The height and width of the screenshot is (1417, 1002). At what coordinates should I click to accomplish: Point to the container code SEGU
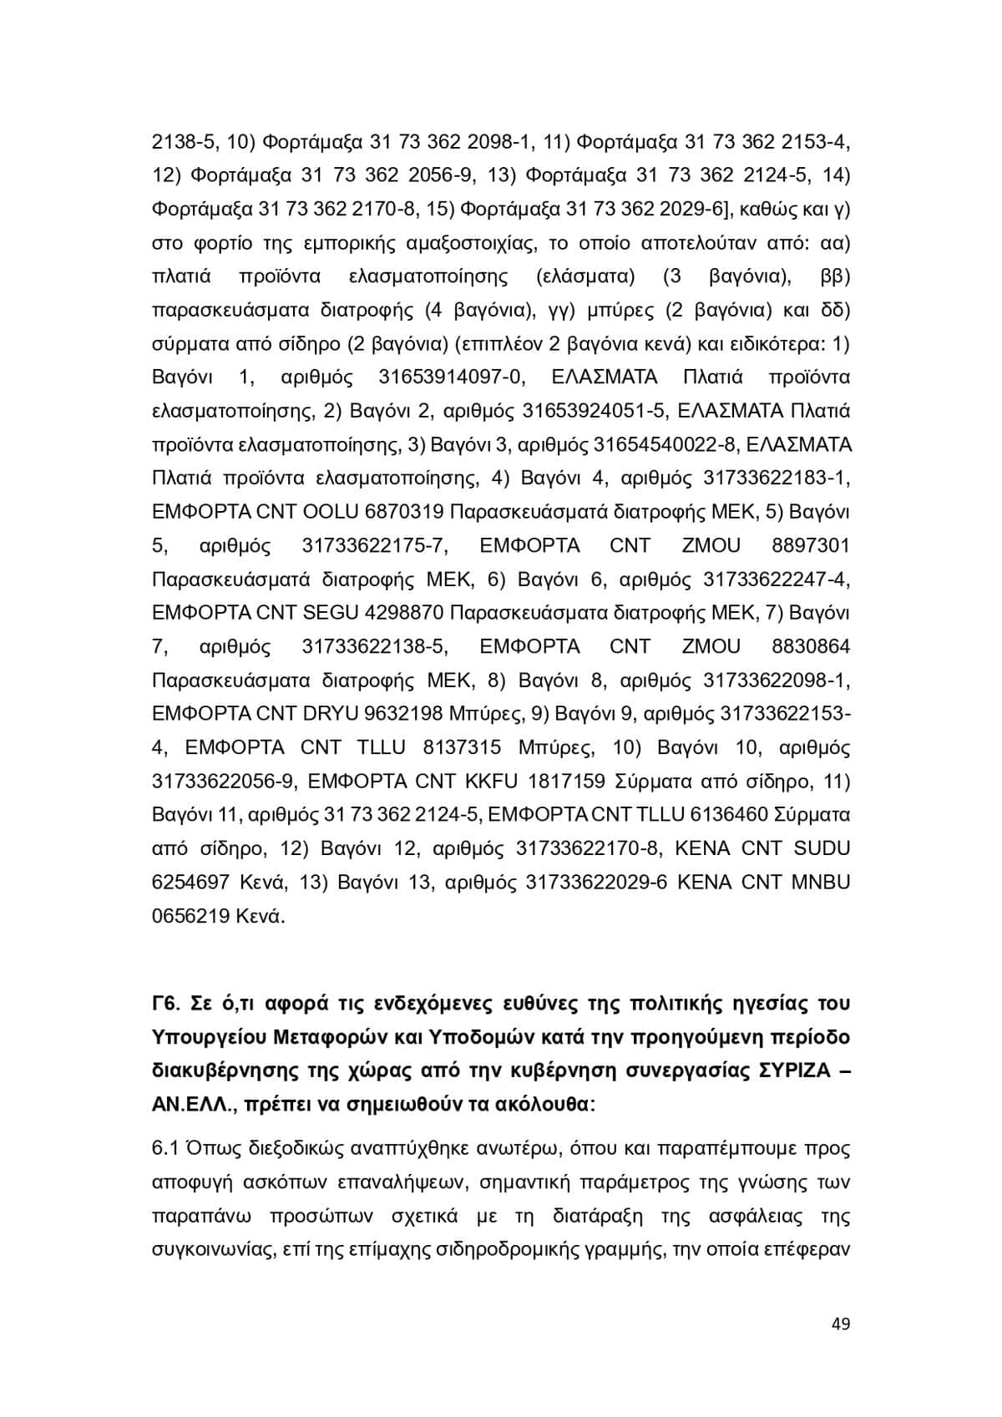point(331,613)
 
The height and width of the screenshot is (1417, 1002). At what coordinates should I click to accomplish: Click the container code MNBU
point(820,883)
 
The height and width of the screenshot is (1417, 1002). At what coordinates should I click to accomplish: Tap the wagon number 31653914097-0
point(452,377)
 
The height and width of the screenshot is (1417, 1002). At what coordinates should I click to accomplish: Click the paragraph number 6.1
point(165,1148)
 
